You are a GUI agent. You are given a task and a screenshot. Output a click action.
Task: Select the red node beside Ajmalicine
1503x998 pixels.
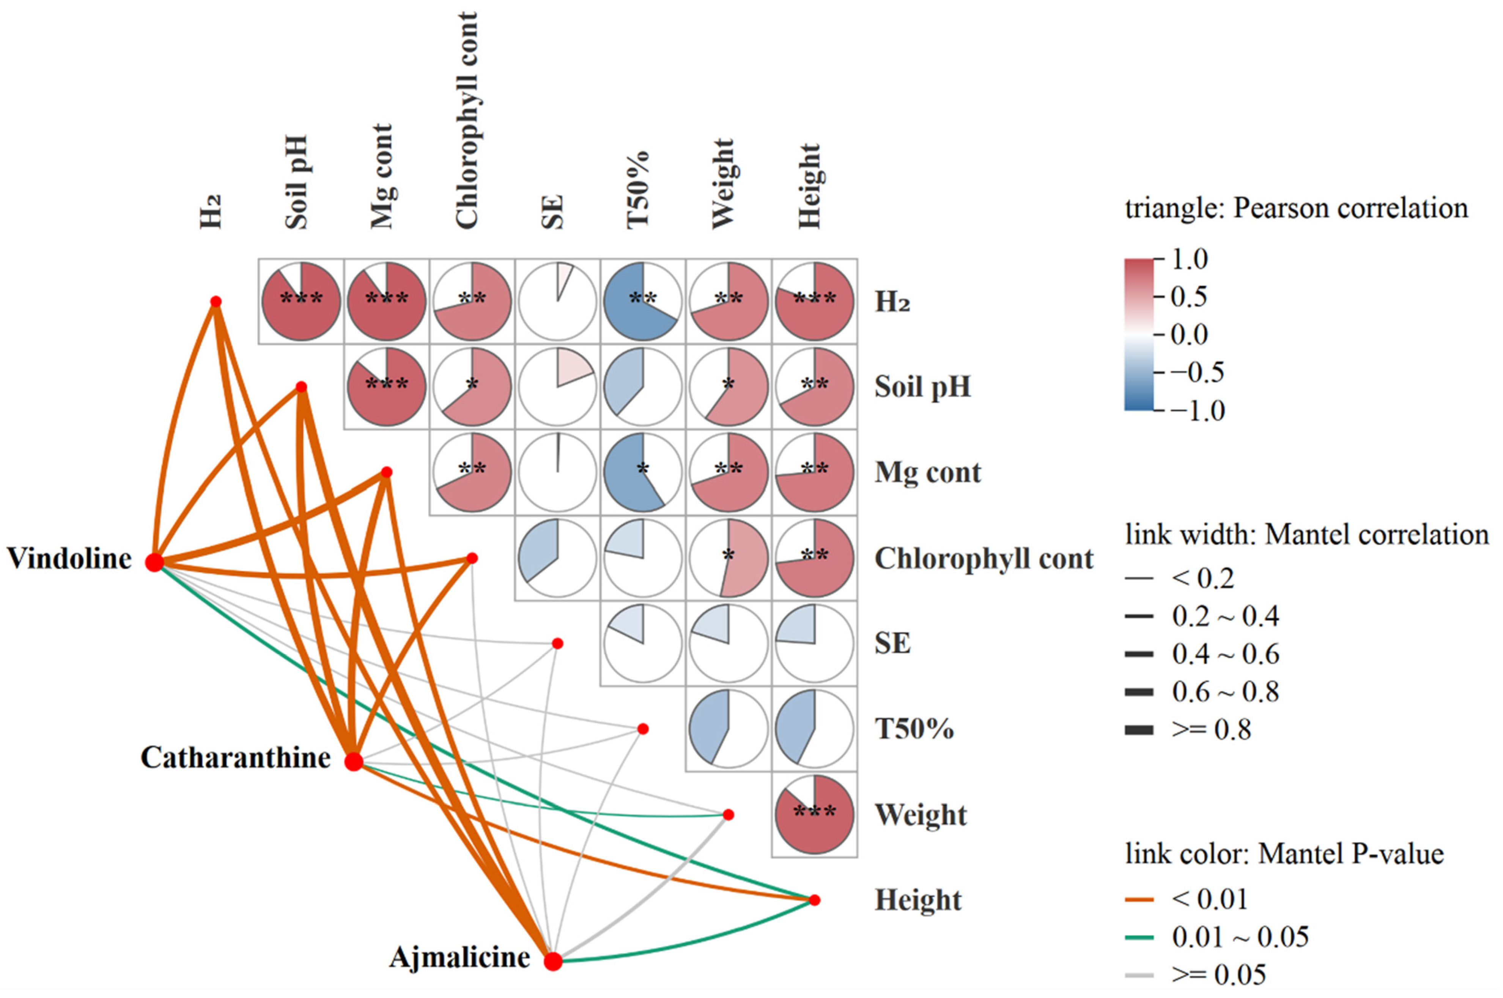tap(553, 961)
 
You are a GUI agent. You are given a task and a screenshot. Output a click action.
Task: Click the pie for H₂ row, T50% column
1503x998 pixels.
tap(643, 301)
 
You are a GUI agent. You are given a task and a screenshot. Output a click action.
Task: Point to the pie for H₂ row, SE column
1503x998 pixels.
tap(557, 301)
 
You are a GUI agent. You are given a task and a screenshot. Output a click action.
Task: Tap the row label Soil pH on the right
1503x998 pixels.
tap(923, 386)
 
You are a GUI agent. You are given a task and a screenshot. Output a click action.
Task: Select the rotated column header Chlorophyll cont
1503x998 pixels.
tap(466, 121)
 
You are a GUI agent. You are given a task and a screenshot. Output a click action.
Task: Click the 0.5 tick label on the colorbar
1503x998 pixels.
tap(1189, 297)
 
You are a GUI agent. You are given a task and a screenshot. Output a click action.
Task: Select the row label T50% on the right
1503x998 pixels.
tap(914, 729)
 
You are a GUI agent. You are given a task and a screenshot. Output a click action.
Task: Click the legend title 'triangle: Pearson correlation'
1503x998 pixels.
tap(1296, 208)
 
